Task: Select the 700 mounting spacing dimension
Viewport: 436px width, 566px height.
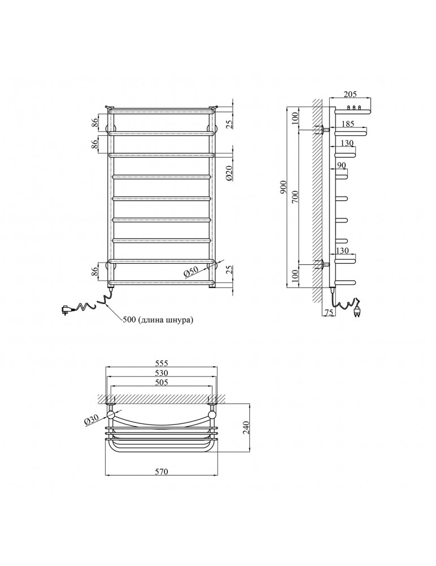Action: click(295, 198)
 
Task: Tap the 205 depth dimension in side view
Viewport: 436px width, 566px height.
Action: click(350, 94)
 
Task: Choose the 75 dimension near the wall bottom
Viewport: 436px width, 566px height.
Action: click(329, 313)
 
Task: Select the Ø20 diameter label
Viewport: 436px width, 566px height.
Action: click(231, 174)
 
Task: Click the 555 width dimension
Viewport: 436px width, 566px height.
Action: click(162, 363)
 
